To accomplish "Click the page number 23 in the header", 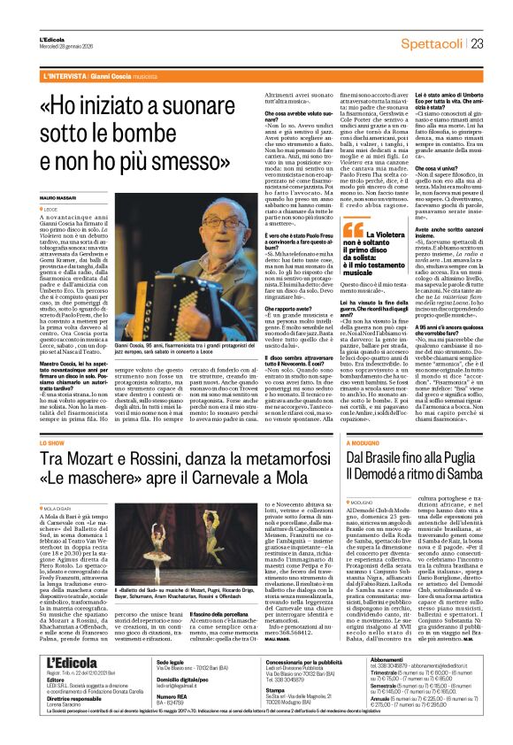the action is (477, 42).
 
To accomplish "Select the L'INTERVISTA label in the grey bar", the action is (69, 77).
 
